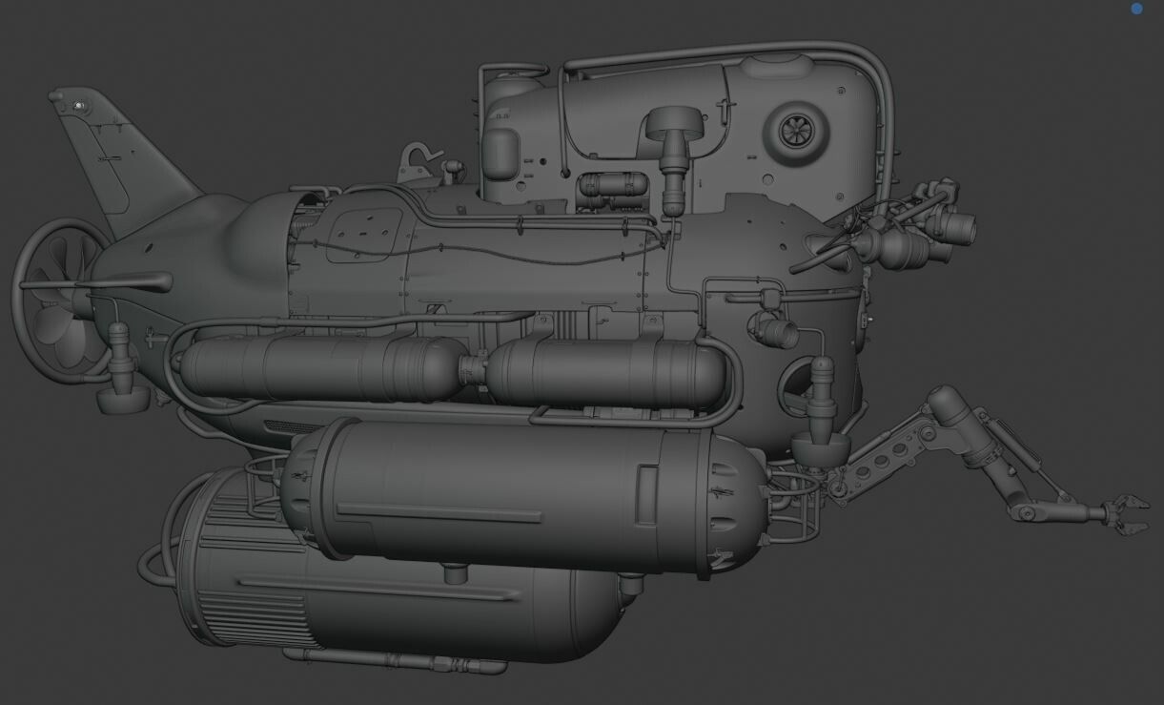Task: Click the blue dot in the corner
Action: [1136, 9]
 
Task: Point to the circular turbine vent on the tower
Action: [792, 133]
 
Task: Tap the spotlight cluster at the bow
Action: [915, 229]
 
